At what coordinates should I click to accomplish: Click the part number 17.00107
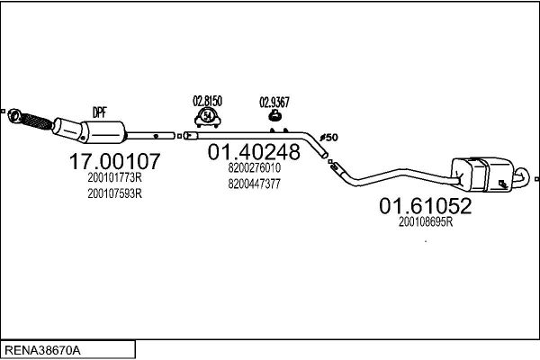click(x=114, y=161)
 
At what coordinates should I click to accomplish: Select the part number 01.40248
click(x=254, y=151)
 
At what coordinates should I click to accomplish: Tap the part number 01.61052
click(x=426, y=206)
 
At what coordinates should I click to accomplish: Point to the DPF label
click(x=100, y=112)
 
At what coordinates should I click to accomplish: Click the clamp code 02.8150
click(x=207, y=101)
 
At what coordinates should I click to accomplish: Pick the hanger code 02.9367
click(x=274, y=103)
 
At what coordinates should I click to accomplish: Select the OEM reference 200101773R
click(x=114, y=178)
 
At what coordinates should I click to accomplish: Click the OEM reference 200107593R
click(x=114, y=193)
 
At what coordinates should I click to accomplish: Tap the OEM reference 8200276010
click(x=254, y=167)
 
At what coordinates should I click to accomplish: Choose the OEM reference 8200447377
click(x=254, y=184)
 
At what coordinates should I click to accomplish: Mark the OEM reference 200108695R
click(x=426, y=222)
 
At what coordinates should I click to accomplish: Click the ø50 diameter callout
click(x=328, y=138)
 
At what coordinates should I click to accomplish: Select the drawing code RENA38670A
click(x=42, y=350)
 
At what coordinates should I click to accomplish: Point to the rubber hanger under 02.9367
click(x=275, y=116)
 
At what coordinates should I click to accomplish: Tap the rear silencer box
click(x=482, y=174)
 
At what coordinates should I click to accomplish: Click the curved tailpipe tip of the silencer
click(x=523, y=175)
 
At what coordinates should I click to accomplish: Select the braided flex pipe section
click(x=37, y=121)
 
